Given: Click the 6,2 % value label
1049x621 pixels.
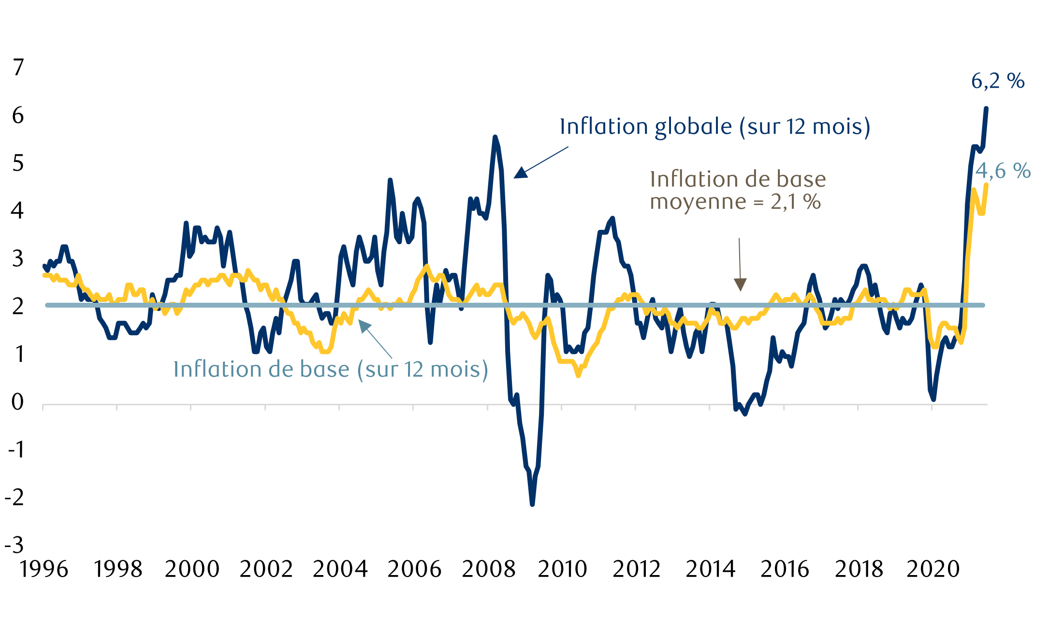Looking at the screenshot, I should point(998,81).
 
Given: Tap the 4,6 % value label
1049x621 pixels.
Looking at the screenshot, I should point(1003,171).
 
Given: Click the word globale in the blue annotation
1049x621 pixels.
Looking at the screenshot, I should point(693,127).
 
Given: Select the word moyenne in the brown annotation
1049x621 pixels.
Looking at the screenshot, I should point(698,202).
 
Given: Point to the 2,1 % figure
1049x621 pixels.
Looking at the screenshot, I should point(796,202).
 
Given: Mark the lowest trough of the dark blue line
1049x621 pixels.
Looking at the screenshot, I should point(532,504).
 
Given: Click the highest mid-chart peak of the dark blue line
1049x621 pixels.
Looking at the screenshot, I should point(495,137).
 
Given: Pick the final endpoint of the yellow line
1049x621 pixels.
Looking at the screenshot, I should point(986,184).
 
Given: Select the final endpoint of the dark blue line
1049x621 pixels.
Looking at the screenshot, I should point(986,108).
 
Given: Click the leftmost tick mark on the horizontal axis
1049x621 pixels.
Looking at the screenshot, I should point(43,407).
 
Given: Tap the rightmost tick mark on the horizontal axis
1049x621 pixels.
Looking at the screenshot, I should point(932,407).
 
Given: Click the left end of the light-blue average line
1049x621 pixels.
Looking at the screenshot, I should point(47,305).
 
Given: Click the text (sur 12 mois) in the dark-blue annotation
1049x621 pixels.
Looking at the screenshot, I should point(804,127).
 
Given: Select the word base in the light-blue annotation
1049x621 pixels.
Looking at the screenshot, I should point(324,370).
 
